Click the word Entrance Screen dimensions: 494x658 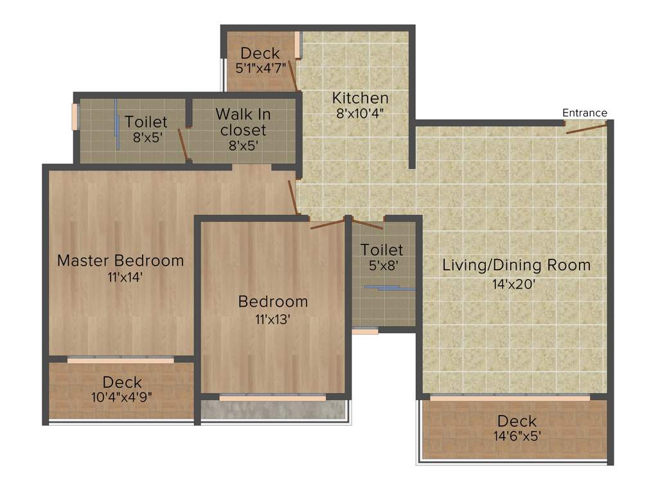584,113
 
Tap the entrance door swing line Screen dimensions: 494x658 586,129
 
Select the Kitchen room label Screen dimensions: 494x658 360,98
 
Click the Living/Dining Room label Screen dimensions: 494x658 516,265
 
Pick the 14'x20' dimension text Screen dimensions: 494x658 515,282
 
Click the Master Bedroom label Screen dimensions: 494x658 120,261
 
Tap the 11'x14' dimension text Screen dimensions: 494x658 120,277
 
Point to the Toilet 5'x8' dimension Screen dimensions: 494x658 382,264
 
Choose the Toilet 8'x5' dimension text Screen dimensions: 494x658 146,137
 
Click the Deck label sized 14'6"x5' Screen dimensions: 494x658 517,421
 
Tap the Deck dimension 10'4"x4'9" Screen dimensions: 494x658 121,397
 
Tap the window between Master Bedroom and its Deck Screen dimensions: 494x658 120,360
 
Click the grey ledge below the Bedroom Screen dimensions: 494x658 272,410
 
